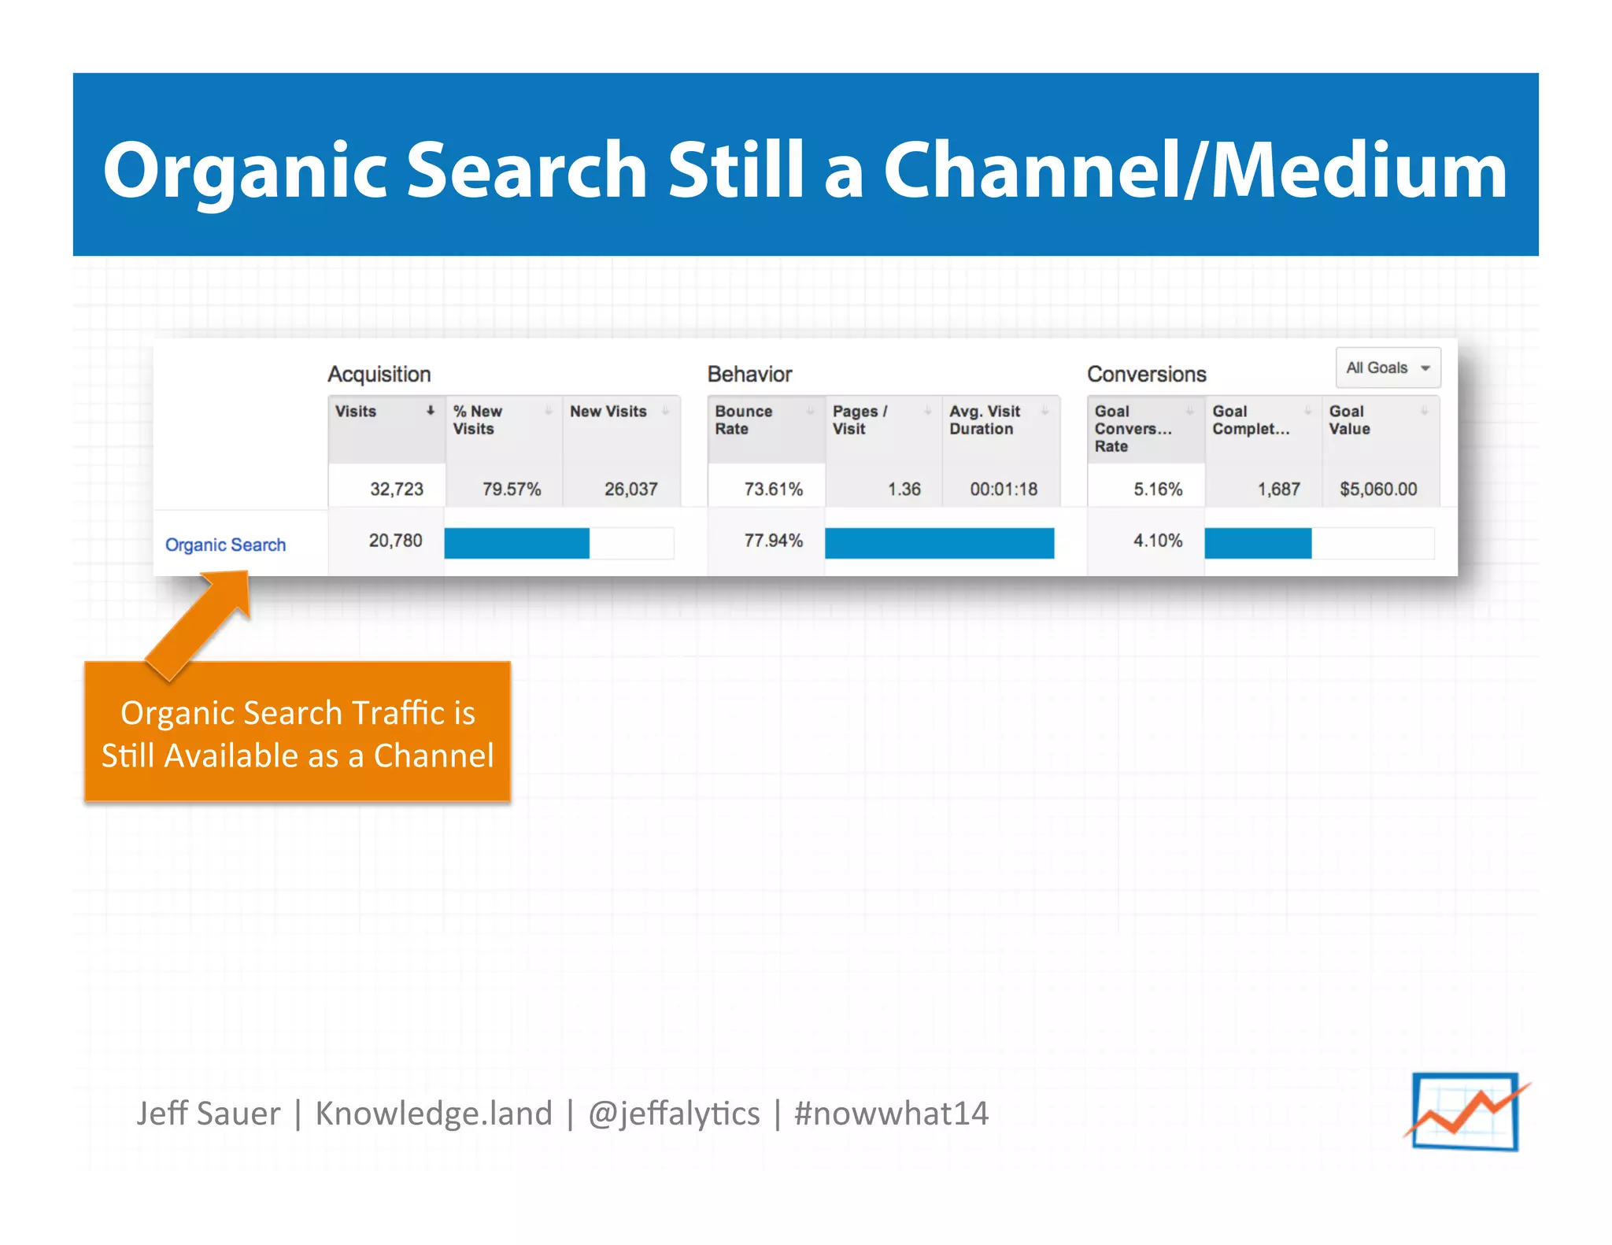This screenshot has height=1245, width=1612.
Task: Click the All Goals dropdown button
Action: point(1388,368)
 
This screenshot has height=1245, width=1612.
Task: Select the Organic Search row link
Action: point(225,545)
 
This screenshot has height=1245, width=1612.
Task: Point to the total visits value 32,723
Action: point(396,490)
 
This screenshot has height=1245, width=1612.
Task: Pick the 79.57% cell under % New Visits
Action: point(512,490)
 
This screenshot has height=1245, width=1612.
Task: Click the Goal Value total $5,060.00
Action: point(1378,490)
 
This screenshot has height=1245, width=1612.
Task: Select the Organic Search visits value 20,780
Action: point(395,541)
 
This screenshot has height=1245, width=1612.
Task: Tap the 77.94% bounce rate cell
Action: point(773,541)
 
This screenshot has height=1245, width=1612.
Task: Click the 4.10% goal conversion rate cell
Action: point(1157,541)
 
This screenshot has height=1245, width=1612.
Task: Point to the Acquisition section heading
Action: point(379,375)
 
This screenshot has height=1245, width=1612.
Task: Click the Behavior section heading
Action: point(749,375)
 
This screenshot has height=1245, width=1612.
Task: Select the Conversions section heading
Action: point(1146,375)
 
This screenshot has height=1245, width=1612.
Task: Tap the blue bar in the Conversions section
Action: point(1257,543)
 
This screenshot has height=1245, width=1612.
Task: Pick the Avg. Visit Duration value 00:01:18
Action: point(1003,490)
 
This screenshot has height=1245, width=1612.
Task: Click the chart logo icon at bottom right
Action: point(1466,1112)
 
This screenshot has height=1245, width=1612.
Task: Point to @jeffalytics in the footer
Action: point(674,1114)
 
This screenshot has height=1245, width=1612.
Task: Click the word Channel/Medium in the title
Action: point(1194,171)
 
